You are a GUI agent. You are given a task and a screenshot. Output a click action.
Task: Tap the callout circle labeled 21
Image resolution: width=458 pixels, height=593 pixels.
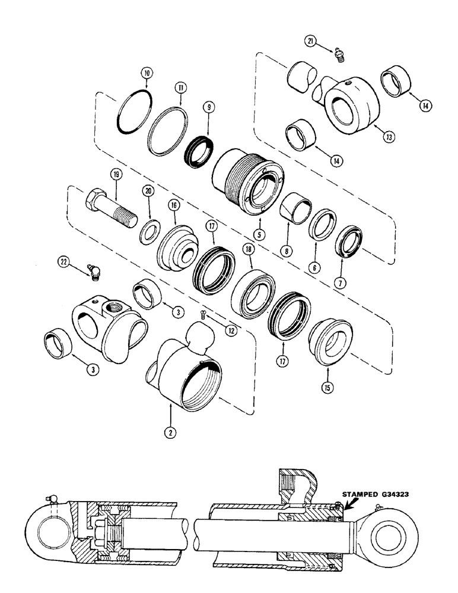(x=311, y=40)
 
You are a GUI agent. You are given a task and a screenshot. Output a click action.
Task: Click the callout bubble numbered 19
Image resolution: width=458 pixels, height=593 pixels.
(x=114, y=176)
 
